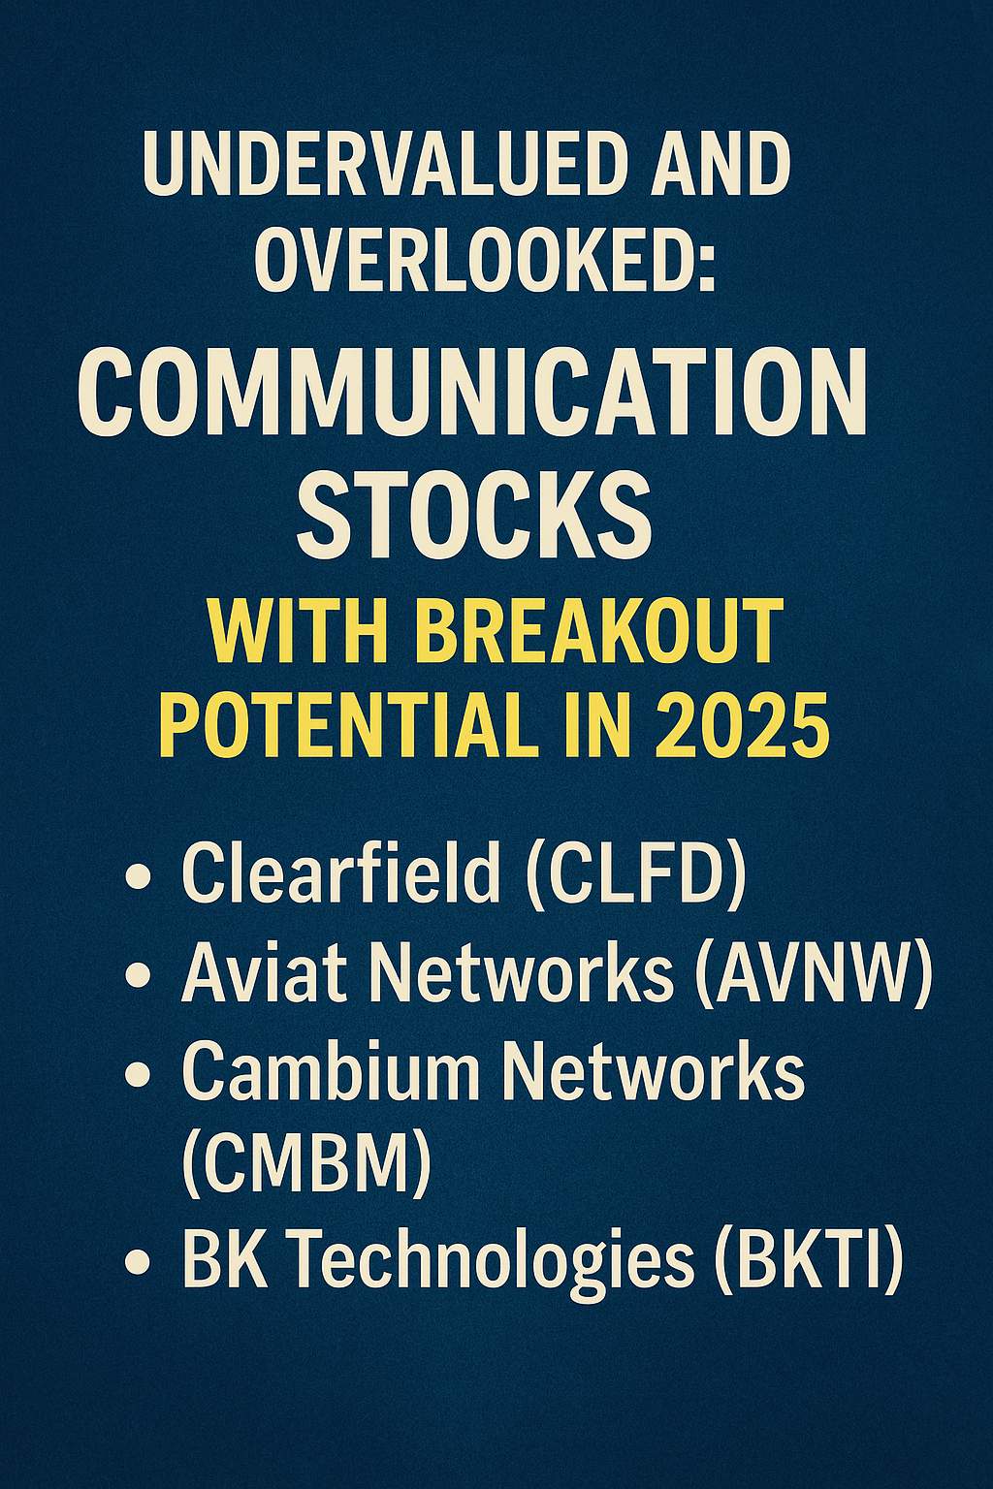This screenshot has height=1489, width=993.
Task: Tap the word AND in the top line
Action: [720, 164]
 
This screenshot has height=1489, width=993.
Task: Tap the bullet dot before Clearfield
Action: [137, 878]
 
